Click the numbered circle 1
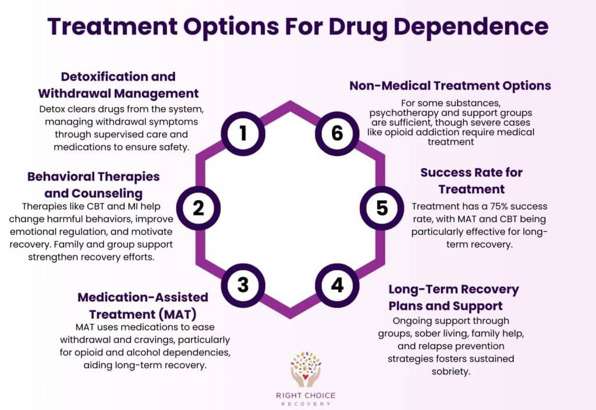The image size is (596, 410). click(243, 133)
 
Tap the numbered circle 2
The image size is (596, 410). click(198, 208)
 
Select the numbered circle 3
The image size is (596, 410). click(243, 284)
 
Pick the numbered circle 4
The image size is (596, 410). click(337, 285)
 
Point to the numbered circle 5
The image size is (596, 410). click(382, 208)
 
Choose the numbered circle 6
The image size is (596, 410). click(337, 133)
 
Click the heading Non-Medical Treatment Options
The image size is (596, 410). click(450, 86)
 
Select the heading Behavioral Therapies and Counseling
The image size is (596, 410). click(93, 184)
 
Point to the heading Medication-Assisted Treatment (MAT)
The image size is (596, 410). click(143, 305)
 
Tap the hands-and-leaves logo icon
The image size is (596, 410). click(306, 368)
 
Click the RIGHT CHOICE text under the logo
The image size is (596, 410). click(306, 395)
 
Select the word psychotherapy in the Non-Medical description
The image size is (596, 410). click(401, 112)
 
